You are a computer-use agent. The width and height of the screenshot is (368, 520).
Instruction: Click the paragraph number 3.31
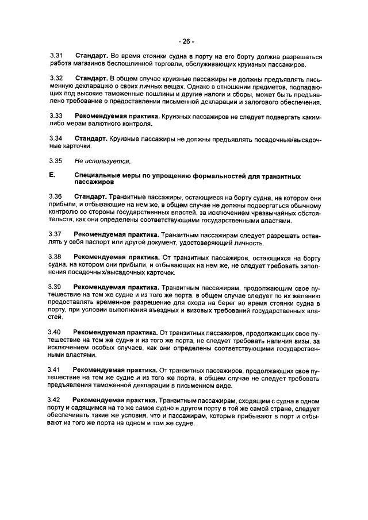(56, 56)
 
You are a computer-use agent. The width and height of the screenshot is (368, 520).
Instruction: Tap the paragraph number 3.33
(56, 115)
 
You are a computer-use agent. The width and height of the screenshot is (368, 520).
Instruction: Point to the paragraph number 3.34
(56, 138)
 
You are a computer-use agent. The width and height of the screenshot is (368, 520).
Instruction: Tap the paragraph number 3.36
(56, 197)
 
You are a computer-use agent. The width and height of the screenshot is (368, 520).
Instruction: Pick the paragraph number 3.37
(56, 234)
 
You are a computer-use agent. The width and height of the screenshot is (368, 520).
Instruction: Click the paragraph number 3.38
(56, 257)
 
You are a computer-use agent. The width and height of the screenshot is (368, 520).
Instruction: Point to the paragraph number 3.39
(56, 287)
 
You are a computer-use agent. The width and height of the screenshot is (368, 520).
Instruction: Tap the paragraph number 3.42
(56, 399)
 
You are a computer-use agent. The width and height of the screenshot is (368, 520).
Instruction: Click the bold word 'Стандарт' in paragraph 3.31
(91, 56)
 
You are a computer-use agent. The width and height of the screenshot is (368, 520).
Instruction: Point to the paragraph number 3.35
(56, 160)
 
